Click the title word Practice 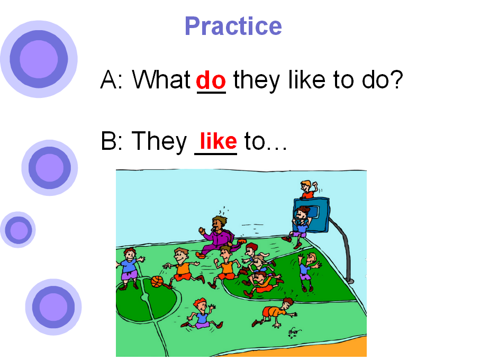(233, 27)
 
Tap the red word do (211, 80)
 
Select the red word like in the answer (218, 141)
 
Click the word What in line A (161, 79)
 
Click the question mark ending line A (396, 79)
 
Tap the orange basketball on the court (157, 282)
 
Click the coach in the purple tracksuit (219, 236)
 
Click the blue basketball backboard (312, 215)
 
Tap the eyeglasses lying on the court (294, 332)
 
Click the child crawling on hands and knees (275, 312)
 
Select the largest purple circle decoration (39, 59)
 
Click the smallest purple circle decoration (18, 230)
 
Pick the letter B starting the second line (108, 141)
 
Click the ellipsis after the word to (277, 148)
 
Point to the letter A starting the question (108, 79)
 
